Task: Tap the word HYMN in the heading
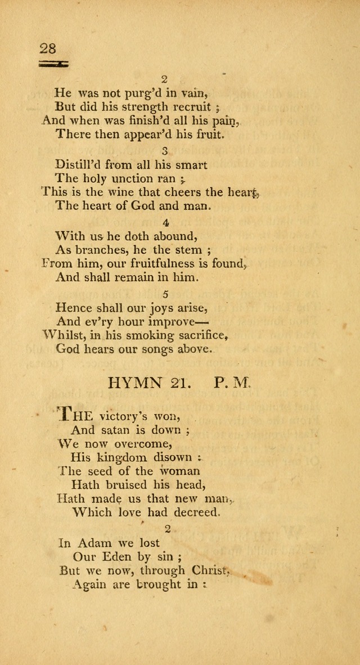pyautogui.click(x=134, y=384)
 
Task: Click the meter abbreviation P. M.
pyautogui.click(x=232, y=384)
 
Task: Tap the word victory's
pyautogui.click(x=124, y=417)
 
